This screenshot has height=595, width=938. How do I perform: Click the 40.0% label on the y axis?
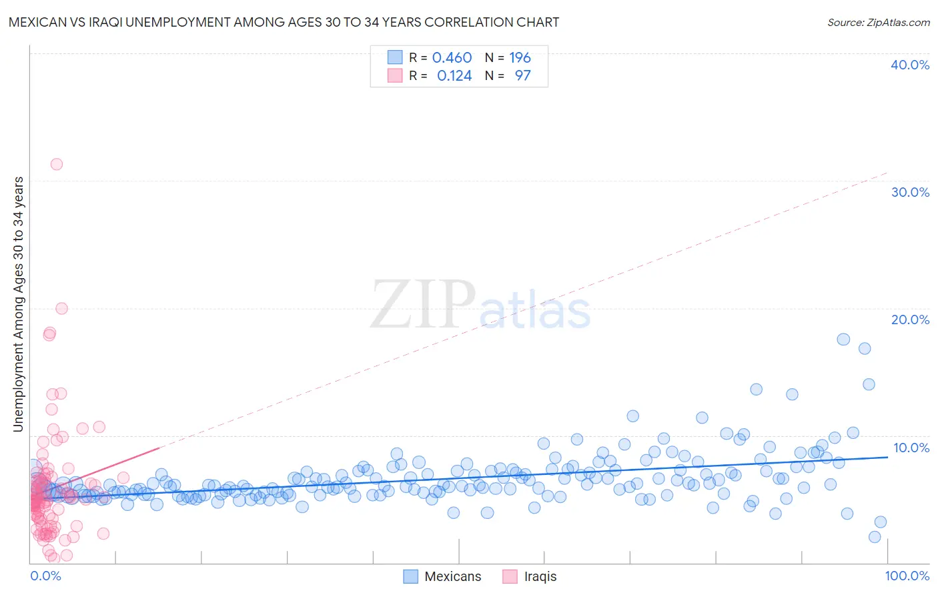click(x=910, y=65)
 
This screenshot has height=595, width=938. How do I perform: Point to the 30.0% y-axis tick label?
click(x=910, y=192)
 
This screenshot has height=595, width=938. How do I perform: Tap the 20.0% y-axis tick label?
click(x=910, y=320)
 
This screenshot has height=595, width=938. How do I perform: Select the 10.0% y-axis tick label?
click(x=911, y=448)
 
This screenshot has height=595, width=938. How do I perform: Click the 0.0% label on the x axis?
click(x=45, y=576)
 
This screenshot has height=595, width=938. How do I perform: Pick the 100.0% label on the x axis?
click(x=907, y=576)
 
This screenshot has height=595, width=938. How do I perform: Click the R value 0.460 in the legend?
click(x=452, y=57)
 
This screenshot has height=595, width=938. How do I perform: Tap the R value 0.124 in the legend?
click(x=454, y=75)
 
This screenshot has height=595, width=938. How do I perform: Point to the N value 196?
click(x=520, y=57)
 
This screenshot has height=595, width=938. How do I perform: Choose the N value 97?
click(x=522, y=75)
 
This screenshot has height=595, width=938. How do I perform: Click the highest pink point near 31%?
click(x=57, y=164)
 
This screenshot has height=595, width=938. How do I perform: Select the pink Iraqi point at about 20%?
click(x=61, y=308)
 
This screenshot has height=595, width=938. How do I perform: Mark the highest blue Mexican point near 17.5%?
click(x=843, y=339)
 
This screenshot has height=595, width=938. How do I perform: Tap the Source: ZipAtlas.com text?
click(x=878, y=22)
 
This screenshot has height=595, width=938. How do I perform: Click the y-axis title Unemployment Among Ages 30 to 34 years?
click(x=18, y=304)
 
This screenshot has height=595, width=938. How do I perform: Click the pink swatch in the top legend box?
click(x=395, y=75)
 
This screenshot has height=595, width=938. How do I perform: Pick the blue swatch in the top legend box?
click(x=395, y=57)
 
